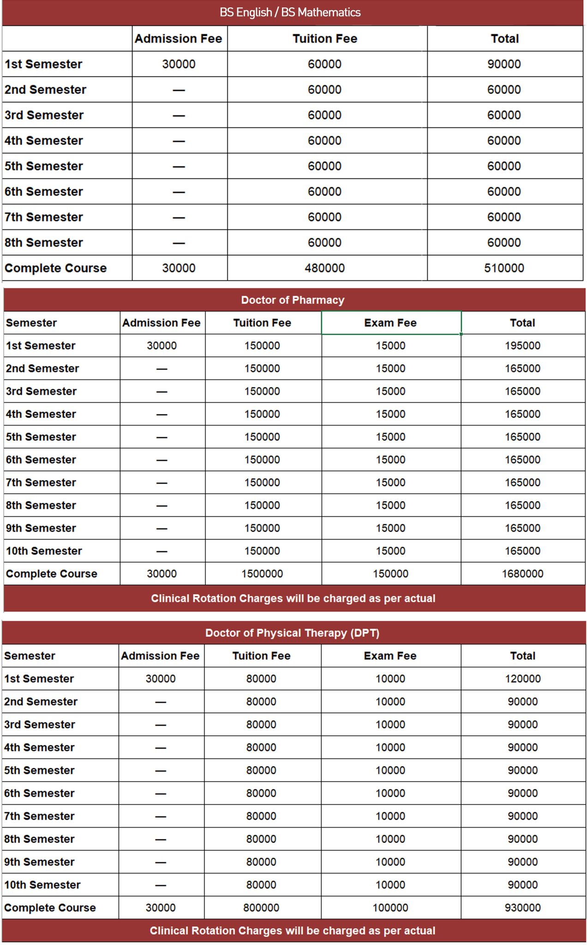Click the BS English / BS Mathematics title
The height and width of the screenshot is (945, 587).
(x=290, y=12)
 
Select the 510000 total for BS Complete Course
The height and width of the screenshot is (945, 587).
(x=504, y=268)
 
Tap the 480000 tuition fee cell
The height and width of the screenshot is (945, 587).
(x=324, y=268)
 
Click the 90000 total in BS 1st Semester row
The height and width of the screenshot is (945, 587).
(x=504, y=64)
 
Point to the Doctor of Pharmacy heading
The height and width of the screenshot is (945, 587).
(x=293, y=300)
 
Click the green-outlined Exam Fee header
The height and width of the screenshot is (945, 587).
(x=390, y=323)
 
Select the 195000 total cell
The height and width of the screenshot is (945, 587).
(x=522, y=346)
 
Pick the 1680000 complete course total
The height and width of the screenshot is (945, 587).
(x=522, y=574)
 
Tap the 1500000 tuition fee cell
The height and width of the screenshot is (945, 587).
(x=262, y=574)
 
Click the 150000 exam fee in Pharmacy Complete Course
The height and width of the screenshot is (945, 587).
(x=390, y=574)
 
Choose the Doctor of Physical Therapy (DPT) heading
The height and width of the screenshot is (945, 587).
(x=292, y=633)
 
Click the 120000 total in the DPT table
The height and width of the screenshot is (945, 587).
(x=522, y=679)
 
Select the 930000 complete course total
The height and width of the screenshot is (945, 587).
(x=522, y=908)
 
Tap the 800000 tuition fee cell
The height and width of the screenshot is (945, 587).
(x=261, y=908)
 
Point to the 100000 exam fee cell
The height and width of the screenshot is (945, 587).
(x=390, y=908)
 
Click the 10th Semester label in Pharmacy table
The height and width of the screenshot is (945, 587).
(x=44, y=551)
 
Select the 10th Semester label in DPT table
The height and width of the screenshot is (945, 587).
(x=42, y=885)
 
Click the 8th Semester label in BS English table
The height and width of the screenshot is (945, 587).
(x=44, y=243)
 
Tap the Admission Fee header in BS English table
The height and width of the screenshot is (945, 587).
(x=178, y=39)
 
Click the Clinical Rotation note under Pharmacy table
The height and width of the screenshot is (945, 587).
(x=293, y=598)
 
